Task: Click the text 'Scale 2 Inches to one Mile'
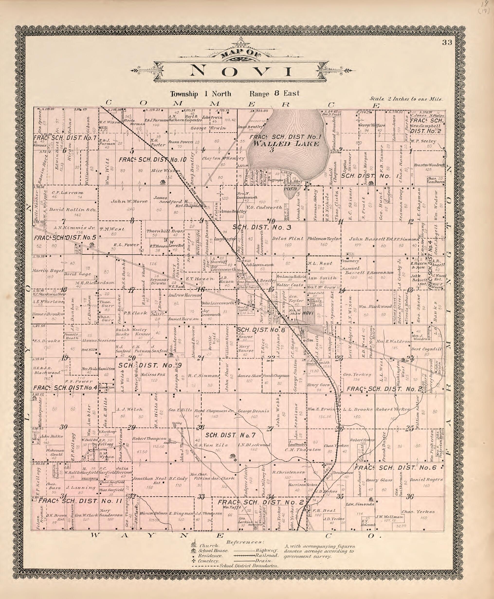tap(406, 99)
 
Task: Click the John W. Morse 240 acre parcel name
tap(129, 201)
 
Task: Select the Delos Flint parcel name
tap(288, 239)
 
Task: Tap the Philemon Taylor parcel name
tap(324, 239)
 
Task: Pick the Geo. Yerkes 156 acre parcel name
tap(354, 375)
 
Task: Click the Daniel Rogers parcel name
tap(426, 479)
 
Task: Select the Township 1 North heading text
tap(201, 94)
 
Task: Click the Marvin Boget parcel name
tap(48, 271)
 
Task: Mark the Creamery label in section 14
tap(350, 261)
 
